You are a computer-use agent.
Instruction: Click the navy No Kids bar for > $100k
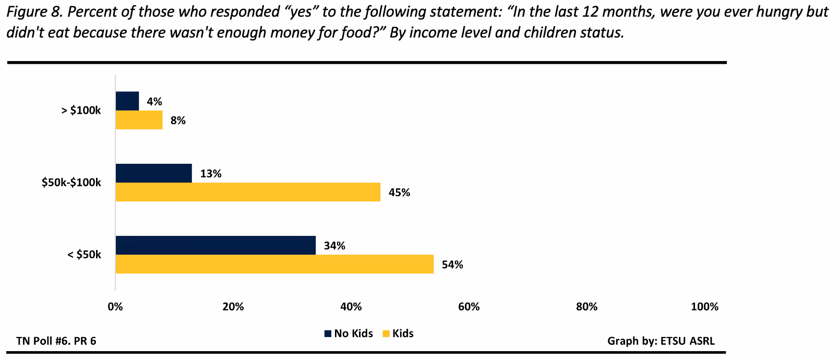coord(127,101)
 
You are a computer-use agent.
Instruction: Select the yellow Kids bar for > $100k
coord(139,120)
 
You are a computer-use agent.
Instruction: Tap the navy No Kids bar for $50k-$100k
coord(153,173)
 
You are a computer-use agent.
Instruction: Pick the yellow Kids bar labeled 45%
coord(248,192)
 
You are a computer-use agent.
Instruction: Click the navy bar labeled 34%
coord(216,245)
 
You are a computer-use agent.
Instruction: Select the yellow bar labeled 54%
coord(274,264)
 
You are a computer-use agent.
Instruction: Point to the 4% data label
coord(154,102)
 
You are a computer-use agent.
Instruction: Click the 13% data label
coord(211,174)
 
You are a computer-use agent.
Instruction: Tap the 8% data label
coord(178,121)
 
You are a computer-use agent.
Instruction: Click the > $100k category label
coord(81,111)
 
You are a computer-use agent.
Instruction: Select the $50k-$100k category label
coord(71,183)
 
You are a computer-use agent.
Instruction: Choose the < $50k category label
coord(84,255)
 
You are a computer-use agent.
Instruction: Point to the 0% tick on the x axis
coord(115,307)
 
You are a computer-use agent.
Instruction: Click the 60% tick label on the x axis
coord(469,307)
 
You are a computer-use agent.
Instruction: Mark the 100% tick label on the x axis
coord(704,307)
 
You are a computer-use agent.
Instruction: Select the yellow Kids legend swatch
coord(387,334)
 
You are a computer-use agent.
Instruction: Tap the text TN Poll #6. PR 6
coord(56,341)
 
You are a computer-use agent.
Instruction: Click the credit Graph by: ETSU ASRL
coord(661,341)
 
